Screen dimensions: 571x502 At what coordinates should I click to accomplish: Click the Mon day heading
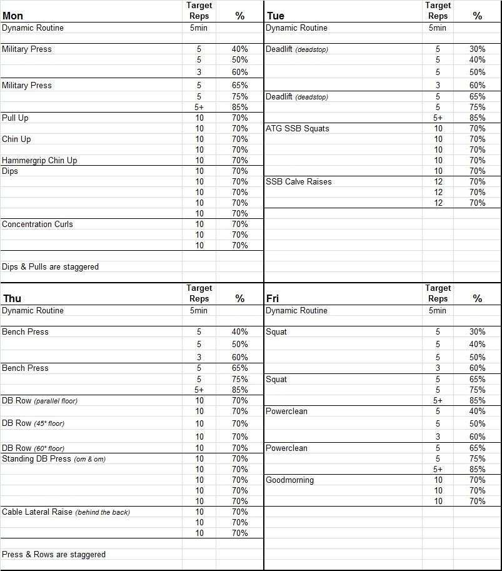(x=13, y=16)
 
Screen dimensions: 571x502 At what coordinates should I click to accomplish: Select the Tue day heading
(x=275, y=16)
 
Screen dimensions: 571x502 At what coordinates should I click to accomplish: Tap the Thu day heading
(x=12, y=298)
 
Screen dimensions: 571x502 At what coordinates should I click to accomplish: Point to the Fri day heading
(x=273, y=298)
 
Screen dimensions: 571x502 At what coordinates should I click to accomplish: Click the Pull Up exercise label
(x=15, y=118)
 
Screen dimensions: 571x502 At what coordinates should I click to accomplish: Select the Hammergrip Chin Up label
(x=39, y=160)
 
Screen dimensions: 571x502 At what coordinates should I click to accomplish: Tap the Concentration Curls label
(x=38, y=224)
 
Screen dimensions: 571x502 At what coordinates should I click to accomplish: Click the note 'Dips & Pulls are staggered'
(x=50, y=266)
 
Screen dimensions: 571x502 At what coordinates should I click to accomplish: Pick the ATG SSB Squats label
(x=297, y=128)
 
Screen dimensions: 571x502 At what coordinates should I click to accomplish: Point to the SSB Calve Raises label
(x=298, y=181)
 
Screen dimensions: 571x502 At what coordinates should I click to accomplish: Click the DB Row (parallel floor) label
(x=39, y=400)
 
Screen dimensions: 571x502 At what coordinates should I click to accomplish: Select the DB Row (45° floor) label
(x=33, y=423)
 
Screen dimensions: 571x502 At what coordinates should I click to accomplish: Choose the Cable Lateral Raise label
(x=66, y=512)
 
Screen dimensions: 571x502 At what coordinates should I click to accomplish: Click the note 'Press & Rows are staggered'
(x=54, y=554)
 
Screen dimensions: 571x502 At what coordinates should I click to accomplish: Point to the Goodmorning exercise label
(x=289, y=480)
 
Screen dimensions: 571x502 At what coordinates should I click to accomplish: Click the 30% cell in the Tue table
(x=478, y=49)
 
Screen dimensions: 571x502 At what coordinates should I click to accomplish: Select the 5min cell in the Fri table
(x=438, y=310)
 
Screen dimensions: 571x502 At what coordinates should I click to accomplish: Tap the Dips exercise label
(x=10, y=171)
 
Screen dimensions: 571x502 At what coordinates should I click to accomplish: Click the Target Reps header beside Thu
(x=199, y=293)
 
